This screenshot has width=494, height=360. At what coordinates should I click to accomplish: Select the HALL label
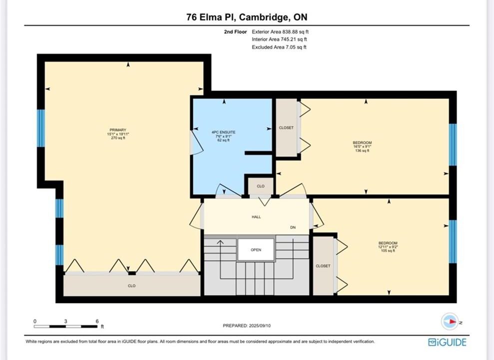tap(256, 217)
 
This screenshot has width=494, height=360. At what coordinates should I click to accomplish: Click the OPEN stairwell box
tap(256, 249)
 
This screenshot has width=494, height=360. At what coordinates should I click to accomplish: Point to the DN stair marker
tap(293, 227)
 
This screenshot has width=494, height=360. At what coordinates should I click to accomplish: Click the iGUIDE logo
tap(447, 342)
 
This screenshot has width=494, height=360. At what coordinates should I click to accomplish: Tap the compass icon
tap(450, 321)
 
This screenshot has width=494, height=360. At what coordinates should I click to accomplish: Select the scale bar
tap(66, 326)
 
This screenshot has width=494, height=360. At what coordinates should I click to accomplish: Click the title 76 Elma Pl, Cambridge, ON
tap(247, 16)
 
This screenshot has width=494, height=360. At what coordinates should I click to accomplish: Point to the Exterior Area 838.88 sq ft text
tap(280, 31)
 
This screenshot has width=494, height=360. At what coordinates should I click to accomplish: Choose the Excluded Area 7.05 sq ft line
tap(279, 47)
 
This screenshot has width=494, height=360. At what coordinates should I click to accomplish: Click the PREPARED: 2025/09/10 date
tap(247, 325)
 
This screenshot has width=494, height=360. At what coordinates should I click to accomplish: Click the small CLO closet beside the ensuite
tap(261, 186)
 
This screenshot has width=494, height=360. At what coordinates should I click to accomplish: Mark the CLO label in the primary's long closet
tap(132, 285)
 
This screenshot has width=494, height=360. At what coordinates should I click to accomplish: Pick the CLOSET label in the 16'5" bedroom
tap(286, 127)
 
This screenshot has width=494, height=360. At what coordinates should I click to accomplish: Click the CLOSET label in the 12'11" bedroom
tap(323, 265)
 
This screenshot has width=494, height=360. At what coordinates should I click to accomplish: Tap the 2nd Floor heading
tap(235, 31)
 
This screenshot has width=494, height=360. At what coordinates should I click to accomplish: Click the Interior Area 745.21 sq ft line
tap(279, 39)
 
